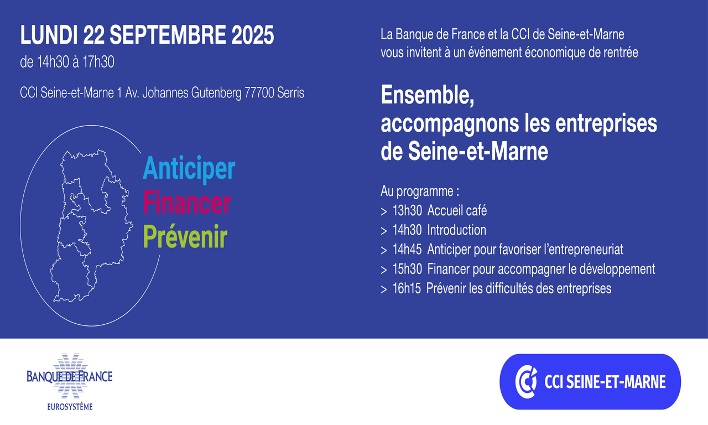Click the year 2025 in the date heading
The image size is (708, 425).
pyautogui.click(x=253, y=35)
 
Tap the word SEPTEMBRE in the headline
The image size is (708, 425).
pyautogui.click(x=168, y=35)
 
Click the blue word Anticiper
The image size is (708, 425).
pyautogui.click(x=189, y=169)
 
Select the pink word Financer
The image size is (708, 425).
pyautogui.click(x=187, y=203)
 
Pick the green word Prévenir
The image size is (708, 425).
pyautogui.click(x=185, y=237)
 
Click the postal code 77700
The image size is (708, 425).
pyautogui.click(x=259, y=93)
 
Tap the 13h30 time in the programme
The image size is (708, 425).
pyautogui.click(x=407, y=211)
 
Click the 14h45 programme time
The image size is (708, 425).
pyautogui.click(x=407, y=250)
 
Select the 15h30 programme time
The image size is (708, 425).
pyautogui.click(x=407, y=269)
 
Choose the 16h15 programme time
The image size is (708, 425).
pyautogui.click(x=407, y=289)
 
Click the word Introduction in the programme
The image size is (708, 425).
pyautogui.click(x=457, y=230)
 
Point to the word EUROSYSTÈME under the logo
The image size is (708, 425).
pyautogui.click(x=70, y=407)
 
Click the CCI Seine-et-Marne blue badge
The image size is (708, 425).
pyautogui.click(x=590, y=382)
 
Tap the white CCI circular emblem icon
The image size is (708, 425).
pyautogui.click(x=526, y=382)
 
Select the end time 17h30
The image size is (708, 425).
pyautogui.click(x=98, y=62)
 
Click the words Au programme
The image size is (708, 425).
pyautogui.click(x=420, y=191)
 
